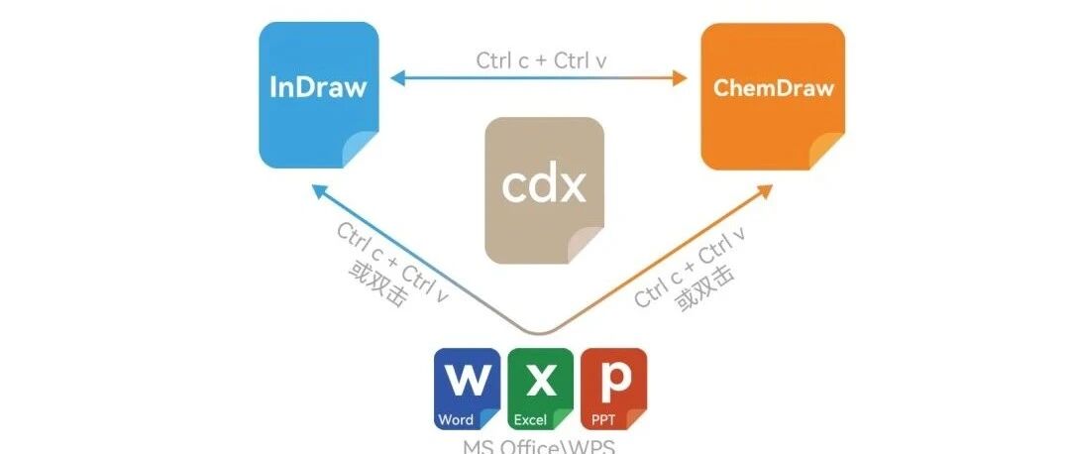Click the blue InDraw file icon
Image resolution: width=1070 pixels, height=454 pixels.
[318, 95]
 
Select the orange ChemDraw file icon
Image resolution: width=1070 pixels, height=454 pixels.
[773, 95]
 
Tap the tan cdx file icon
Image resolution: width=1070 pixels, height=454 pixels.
[543, 188]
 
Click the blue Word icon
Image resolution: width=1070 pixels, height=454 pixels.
[467, 389]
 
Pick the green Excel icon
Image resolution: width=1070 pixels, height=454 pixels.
[540, 389]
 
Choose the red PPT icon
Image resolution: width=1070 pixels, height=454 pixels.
[613, 389]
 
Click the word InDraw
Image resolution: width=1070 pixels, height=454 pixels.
[318, 87]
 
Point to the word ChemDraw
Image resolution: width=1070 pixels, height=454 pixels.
[774, 87]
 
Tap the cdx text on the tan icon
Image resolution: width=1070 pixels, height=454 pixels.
[543, 184]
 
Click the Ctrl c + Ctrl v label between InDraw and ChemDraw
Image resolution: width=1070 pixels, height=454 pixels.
[541, 59]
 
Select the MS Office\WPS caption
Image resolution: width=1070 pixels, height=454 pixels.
[539, 445]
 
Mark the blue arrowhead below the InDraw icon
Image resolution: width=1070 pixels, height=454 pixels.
[317, 188]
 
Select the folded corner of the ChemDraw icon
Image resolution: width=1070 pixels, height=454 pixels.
[828, 153]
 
